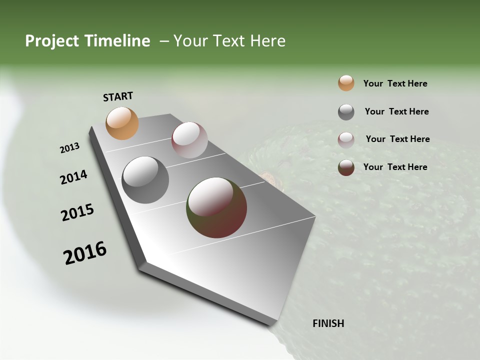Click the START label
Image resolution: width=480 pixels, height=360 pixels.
(x=118, y=96)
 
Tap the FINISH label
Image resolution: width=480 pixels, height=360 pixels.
(x=328, y=323)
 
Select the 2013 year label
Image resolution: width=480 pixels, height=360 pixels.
(x=69, y=148)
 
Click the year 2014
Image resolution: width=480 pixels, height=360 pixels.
(x=73, y=177)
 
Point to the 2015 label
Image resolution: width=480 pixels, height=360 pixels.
(x=77, y=212)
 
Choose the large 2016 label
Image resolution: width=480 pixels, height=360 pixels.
(x=85, y=253)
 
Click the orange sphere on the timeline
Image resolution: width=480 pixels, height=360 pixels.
(x=122, y=123)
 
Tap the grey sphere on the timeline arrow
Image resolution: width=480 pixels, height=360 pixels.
(x=145, y=180)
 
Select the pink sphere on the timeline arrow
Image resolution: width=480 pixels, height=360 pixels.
(x=189, y=140)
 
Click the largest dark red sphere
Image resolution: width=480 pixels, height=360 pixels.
(x=216, y=207)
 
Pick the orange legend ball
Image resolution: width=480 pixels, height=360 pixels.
(x=346, y=83)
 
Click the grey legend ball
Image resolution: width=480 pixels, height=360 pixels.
(x=346, y=112)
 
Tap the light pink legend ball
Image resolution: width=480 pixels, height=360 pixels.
(x=346, y=139)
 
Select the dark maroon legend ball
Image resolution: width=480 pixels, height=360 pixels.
(x=346, y=167)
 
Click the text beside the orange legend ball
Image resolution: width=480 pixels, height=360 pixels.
(x=395, y=83)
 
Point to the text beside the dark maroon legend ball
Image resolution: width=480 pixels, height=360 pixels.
(x=395, y=167)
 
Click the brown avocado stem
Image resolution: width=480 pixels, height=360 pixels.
(x=270, y=177)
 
